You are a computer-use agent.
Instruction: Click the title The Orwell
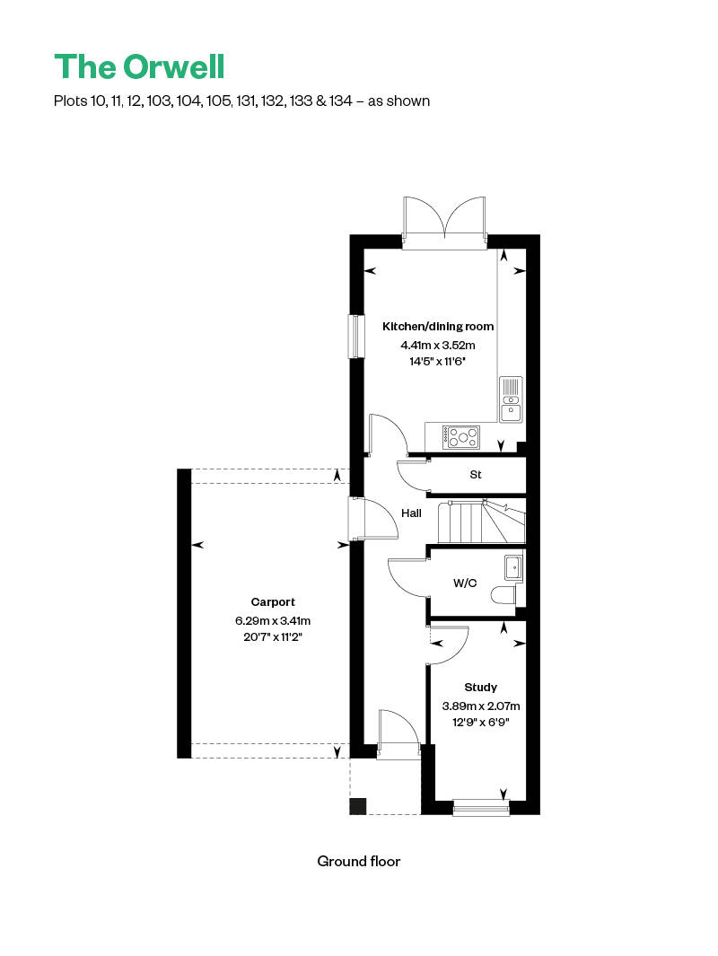pos(140,67)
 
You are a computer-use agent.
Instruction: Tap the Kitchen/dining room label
pos(438,326)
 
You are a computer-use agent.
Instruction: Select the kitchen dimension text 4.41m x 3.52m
pos(438,345)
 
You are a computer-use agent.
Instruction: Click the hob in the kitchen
pos(460,437)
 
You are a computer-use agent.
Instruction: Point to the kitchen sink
pos(511,400)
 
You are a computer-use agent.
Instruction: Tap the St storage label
pos(476,474)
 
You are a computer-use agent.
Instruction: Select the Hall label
pos(411,513)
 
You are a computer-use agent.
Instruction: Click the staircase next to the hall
pos(482,522)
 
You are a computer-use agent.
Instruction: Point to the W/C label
pos(464,583)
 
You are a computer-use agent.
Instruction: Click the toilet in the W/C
pos(503,594)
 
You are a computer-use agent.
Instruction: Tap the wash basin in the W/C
pos(513,567)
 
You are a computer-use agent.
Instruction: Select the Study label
pos(481,687)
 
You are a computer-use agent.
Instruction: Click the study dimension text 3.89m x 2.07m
pos(481,706)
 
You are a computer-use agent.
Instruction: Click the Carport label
pos(273,601)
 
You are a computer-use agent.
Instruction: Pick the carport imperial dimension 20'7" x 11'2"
pos(273,637)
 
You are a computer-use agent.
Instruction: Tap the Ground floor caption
pos(358,862)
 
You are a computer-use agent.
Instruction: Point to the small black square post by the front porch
pos(357,806)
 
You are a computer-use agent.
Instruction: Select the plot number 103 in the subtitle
pos(159,101)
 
